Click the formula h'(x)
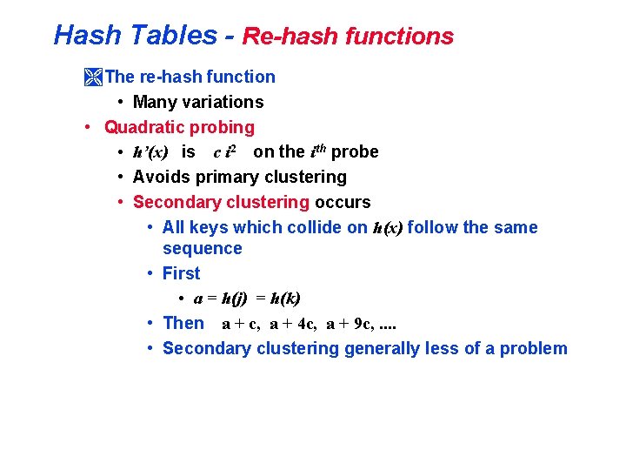point(150,152)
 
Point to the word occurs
point(343,202)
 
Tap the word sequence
point(202,248)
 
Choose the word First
point(181,273)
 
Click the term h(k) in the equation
point(285,299)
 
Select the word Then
point(183,323)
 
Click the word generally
point(382,348)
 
